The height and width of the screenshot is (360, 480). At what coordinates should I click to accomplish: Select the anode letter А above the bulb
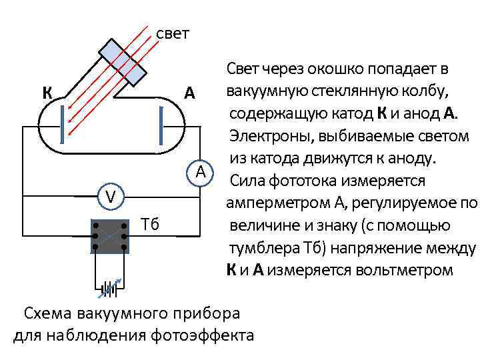pyautogui.click(x=190, y=93)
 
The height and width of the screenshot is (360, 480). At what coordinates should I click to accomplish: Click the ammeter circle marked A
pyautogui.click(x=200, y=172)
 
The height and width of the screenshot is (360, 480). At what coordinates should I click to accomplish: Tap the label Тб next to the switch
pyautogui.click(x=151, y=223)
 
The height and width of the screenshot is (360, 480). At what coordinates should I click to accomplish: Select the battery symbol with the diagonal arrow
pyautogui.click(x=109, y=289)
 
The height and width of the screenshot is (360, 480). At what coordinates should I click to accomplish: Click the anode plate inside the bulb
pyautogui.click(x=161, y=124)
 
